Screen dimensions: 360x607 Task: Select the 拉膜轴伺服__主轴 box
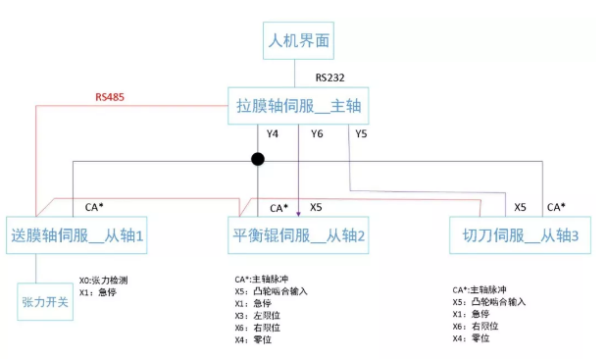pos(298,104)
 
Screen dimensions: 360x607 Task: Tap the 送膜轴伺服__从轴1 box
pos(78,235)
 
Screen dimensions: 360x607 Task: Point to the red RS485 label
pos(110,97)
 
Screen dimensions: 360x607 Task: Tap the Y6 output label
pos(316,133)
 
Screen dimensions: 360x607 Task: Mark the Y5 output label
pos(361,133)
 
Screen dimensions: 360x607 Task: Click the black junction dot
pos(257,159)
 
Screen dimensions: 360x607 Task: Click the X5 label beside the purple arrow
pos(316,207)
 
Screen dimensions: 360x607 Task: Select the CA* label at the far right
pos(556,207)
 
